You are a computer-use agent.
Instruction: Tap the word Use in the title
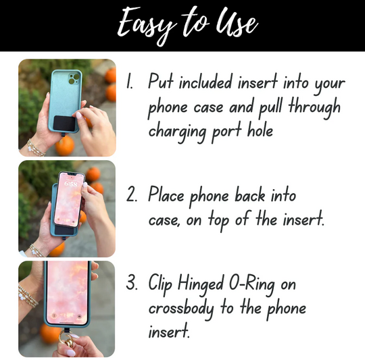pyautogui.click(x=237, y=22)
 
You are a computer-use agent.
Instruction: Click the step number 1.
pyautogui.click(x=129, y=81)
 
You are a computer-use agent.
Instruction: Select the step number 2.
pyautogui.click(x=132, y=195)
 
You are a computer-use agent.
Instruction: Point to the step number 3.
pyautogui.click(x=132, y=282)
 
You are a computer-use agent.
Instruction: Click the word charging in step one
pyautogui.click(x=177, y=132)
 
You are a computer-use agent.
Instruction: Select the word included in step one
pyautogui.click(x=205, y=82)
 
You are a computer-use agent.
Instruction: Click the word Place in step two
pyautogui.click(x=166, y=195)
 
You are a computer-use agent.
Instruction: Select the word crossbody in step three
pyautogui.click(x=181, y=309)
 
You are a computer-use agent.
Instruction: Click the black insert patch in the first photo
pyautogui.click(x=66, y=124)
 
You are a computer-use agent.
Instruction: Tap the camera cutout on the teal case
pyautogui.click(x=74, y=78)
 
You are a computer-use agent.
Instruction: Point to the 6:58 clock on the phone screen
pyautogui.click(x=70, y=184)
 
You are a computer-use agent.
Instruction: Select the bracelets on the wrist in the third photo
pyautogui.click(x=28, y=296)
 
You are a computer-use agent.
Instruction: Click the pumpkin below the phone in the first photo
pyautogui.click(x=65, y=145)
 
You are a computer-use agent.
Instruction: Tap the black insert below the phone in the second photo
pyautogui.click(x=66, y=231)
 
